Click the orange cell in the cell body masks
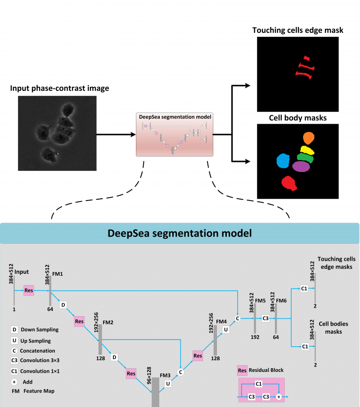tap(308, 138)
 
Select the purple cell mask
tap(301, 167)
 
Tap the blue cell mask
tap(283, 161)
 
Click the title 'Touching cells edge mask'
tap(298, 31)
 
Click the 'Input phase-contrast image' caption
tap(60, 88)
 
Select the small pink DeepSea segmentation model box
tap(175, 134)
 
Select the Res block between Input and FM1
tap(29, 291)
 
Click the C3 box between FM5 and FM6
tap(265, 318)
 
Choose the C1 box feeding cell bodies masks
tap(304, 346)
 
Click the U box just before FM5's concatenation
tap(226, 329)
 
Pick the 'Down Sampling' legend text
tap(42, 330)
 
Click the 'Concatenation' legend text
tap(41, 351)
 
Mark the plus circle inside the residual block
tap(279, 397)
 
